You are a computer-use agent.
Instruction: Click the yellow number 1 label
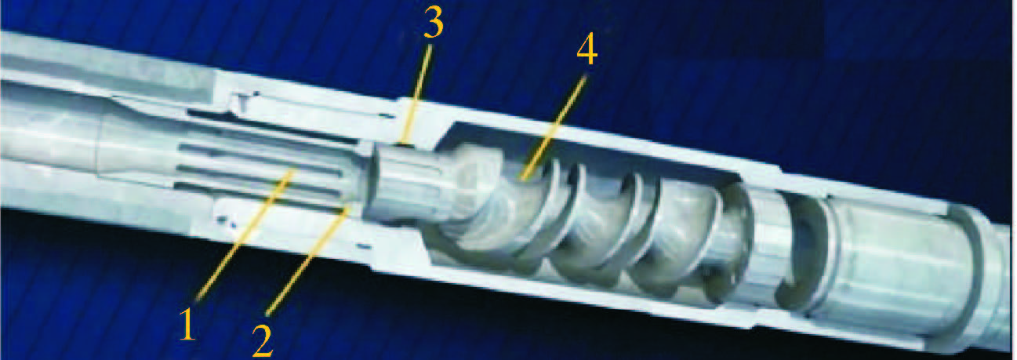(187, 324)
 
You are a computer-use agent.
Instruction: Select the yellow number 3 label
(434, 23)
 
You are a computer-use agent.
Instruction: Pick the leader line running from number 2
(308, 260)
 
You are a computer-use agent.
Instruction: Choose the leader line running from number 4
(554, 128)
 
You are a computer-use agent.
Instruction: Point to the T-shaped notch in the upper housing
(244, 103)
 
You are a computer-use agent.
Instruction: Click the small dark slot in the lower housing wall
(363, 246)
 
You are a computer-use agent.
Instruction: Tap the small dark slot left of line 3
(387, 116)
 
